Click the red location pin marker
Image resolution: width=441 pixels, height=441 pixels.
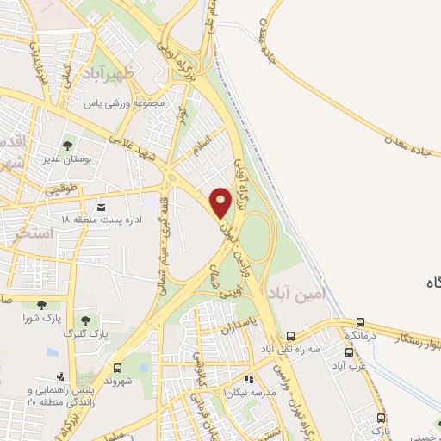pyautogui.click(x=220, y=202)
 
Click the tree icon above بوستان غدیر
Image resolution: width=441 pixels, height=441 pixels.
pyautogui.click(x=68, y=145)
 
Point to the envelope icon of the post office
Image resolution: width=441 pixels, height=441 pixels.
pyautogui.click(x=102, y=208)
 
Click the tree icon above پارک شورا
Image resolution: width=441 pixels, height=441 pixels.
pyautogui.click(x=41, y=305)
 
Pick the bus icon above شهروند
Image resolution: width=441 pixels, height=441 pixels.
pyautogui.click(x=119, y=366)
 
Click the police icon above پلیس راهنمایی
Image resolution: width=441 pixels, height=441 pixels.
pyautogui.click(x=59, y=376)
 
